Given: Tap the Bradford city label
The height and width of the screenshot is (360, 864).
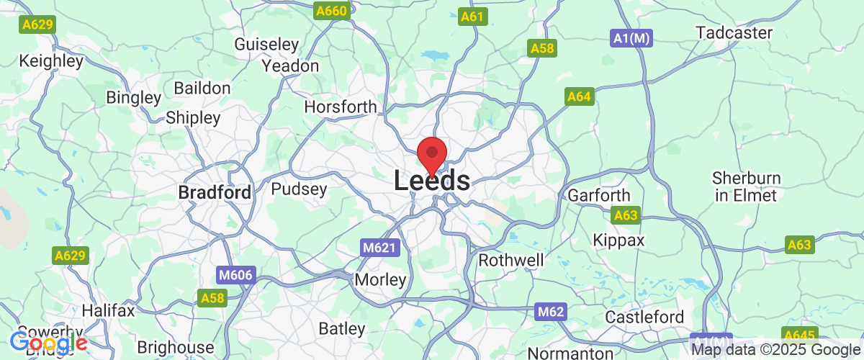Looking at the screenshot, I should pyautogui.click(x=215, y=193).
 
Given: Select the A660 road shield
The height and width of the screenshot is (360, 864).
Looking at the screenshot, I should pyautogui.click(x=332, y=12).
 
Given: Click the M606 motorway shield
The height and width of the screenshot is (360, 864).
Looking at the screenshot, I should pyautogui.click(x=235, y=275).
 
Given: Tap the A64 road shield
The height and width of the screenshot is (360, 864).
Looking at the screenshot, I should pyautogui.click(x=579, y=96).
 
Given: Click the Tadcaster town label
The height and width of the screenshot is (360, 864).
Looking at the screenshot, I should pyautogui.click(x=734, y=33).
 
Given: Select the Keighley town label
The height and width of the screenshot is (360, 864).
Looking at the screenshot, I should pyautogui.click(x=52, y=61).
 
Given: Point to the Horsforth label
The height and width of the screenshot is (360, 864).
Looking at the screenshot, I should pyautogui.click(x=341, y=107).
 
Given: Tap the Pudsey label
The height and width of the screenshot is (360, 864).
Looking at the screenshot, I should pyautogui.click(x=299, y=190).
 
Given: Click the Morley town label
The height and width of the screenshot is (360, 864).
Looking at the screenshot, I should pyautogui.click(x=380, y=279).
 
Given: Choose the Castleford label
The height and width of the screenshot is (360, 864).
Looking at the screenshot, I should pyautogui.click(x=644, y=318).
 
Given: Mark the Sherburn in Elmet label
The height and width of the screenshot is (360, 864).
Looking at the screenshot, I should pyautogui.click(x=744, y=186).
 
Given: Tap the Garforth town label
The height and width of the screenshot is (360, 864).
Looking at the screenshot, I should pyautogui.click(x=599, y=196).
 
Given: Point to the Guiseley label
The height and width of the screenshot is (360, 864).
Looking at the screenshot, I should pyautogui.click(x=267, y=45).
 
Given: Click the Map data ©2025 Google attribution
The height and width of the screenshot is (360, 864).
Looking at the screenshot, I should pyautogui.click(x=776, y=350).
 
